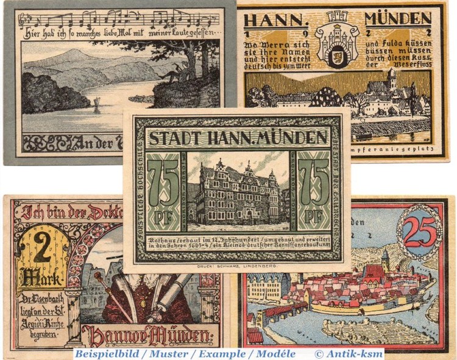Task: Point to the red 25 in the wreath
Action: coord(420,232)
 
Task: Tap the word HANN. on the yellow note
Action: coord(269,19)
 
